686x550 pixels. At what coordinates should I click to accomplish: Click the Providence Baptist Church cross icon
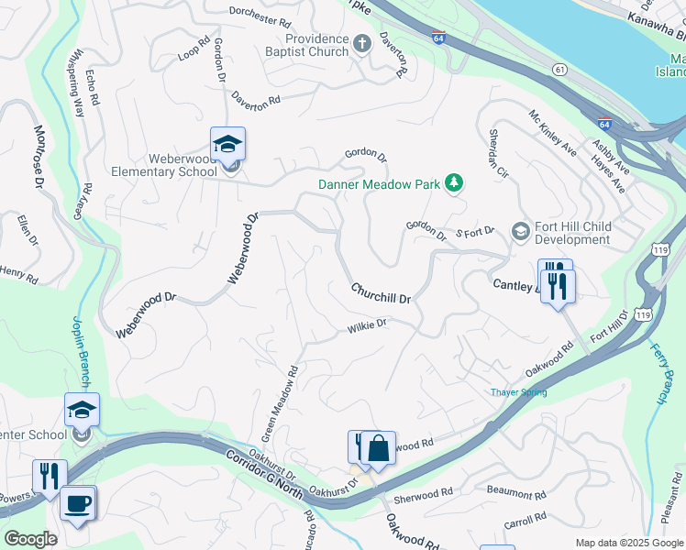(x=362, y=42)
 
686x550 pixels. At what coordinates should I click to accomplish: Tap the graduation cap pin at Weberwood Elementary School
(x=227, y=145)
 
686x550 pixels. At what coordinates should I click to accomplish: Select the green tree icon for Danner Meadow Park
(x=452, y=184)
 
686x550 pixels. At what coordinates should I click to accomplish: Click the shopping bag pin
(x=378, y=449)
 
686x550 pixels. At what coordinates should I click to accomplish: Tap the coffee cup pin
(x=78, y=504)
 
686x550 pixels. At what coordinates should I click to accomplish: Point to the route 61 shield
(x=559, y=69)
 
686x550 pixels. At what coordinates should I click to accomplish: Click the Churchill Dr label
(x=380, y=293)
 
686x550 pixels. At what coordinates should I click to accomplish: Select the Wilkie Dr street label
(x=368, y=325)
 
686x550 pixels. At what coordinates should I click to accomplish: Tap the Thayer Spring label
(x=517, y=392)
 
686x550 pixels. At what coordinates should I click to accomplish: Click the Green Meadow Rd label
(x=287, y=402)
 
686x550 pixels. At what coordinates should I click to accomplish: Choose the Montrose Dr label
(x=39, y=157)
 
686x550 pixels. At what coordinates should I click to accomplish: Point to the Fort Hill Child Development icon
(x=521, y=230)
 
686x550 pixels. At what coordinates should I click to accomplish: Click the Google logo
(x=30, y=539)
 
